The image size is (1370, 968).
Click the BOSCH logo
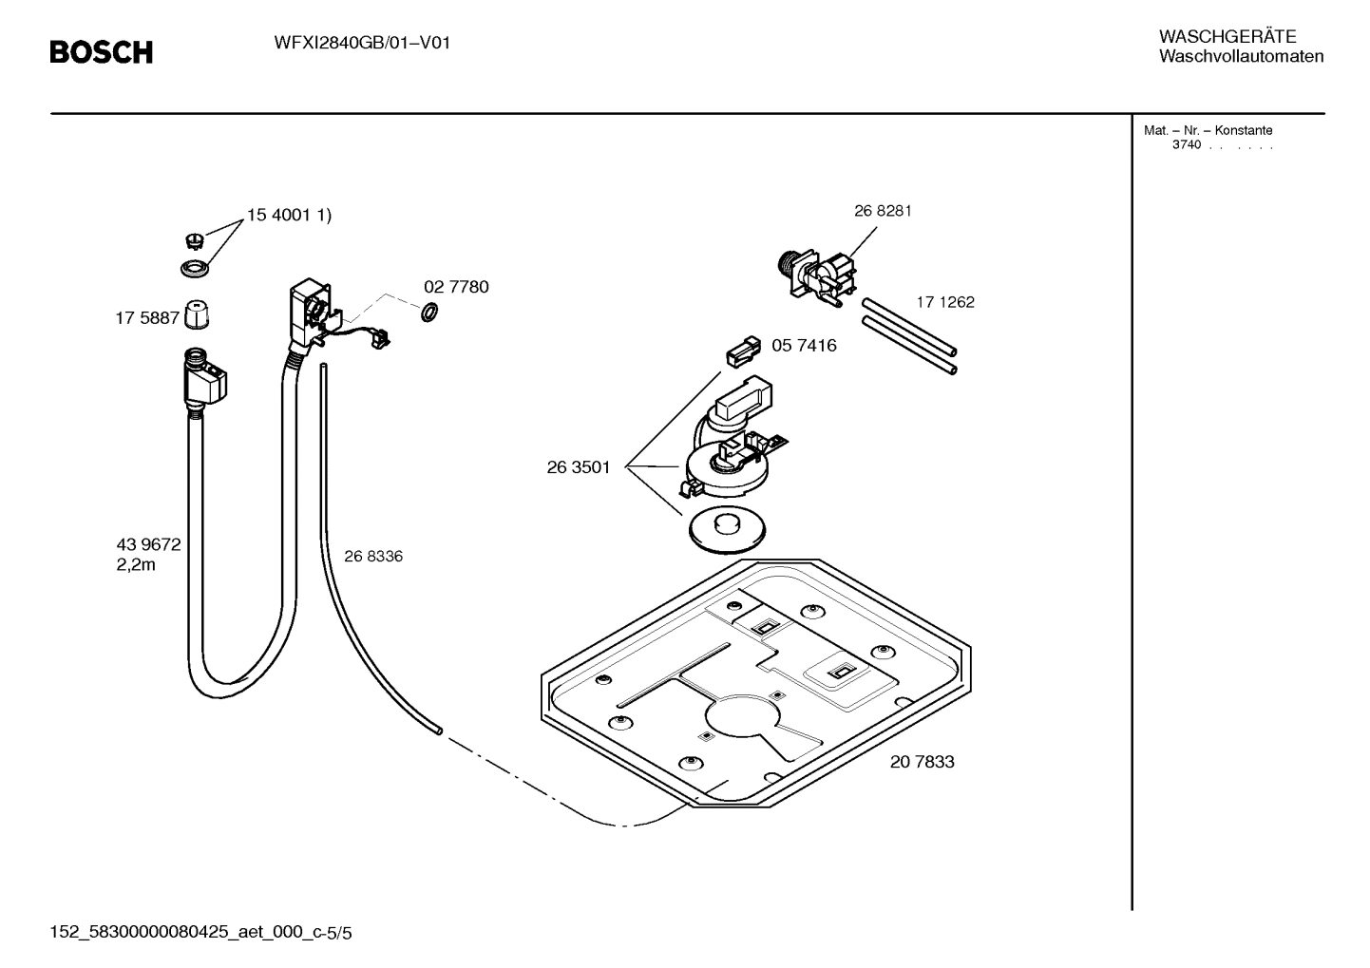101,52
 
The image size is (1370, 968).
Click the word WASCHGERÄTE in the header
1227,37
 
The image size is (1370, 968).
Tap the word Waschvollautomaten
1241,57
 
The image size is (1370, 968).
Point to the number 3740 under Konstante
1186,145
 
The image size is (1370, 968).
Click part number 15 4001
280,216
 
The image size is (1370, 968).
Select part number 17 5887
147,318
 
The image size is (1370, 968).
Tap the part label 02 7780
456,287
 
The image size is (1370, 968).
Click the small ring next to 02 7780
428,311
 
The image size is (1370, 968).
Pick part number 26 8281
883,211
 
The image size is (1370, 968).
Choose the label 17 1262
945,302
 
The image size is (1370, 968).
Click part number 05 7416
804,346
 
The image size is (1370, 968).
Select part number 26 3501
579,467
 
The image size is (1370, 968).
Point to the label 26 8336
373,557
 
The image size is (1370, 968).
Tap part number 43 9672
148,545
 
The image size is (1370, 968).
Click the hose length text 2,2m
136,565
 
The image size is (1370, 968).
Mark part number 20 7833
922,762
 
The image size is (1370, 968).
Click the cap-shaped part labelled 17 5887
197,314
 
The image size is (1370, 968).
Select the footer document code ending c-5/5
200,933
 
